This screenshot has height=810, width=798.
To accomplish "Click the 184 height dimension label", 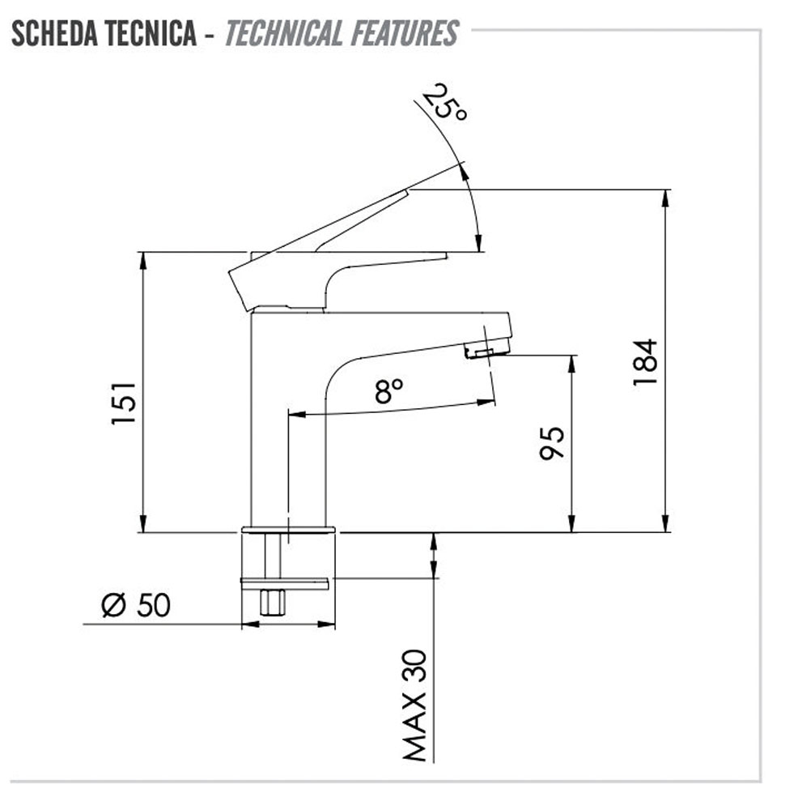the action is click(645, 362).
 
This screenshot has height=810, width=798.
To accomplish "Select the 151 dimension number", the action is click(124, 403).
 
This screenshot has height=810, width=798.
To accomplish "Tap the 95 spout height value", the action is click(552, 443).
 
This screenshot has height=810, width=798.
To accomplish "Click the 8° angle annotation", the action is click(388, 390).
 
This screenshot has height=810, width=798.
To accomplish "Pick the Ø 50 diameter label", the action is click(136, 605).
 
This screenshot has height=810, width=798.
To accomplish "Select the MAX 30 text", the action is click(415, 706).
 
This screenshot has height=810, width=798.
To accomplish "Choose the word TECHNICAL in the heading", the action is click(283, 33).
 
